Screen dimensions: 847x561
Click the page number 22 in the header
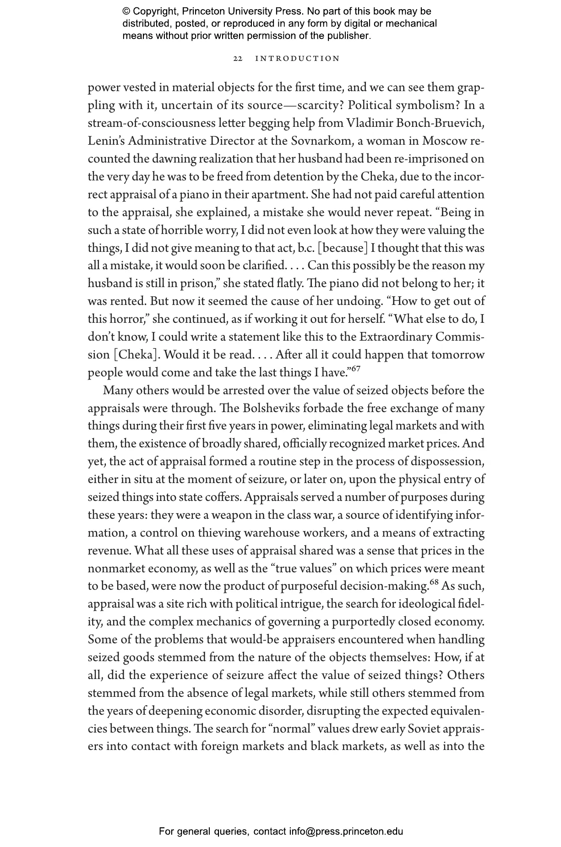pyautogui.click(x=238, y=59)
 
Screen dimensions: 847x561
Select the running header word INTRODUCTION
pyautogui.click(x=298, y=59)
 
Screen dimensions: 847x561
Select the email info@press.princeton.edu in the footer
pyautogui.click(x=346, y=831)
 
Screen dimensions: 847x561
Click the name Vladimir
pyautogui.click(x=366, y=123)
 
